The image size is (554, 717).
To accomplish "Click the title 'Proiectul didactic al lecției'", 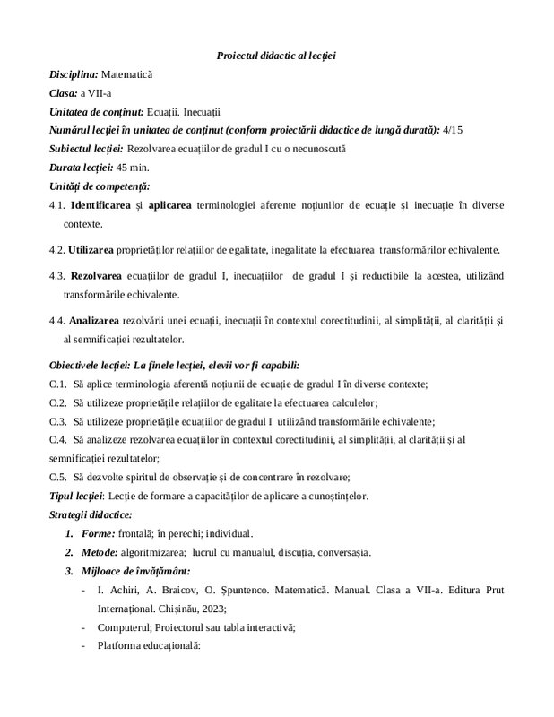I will [x=276, y=56].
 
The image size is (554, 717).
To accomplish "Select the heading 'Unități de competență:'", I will [x=99, y=186].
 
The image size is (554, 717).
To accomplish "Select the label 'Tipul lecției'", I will [x=76, y=496].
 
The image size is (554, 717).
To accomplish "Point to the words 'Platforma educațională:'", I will [x=149, y=644].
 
